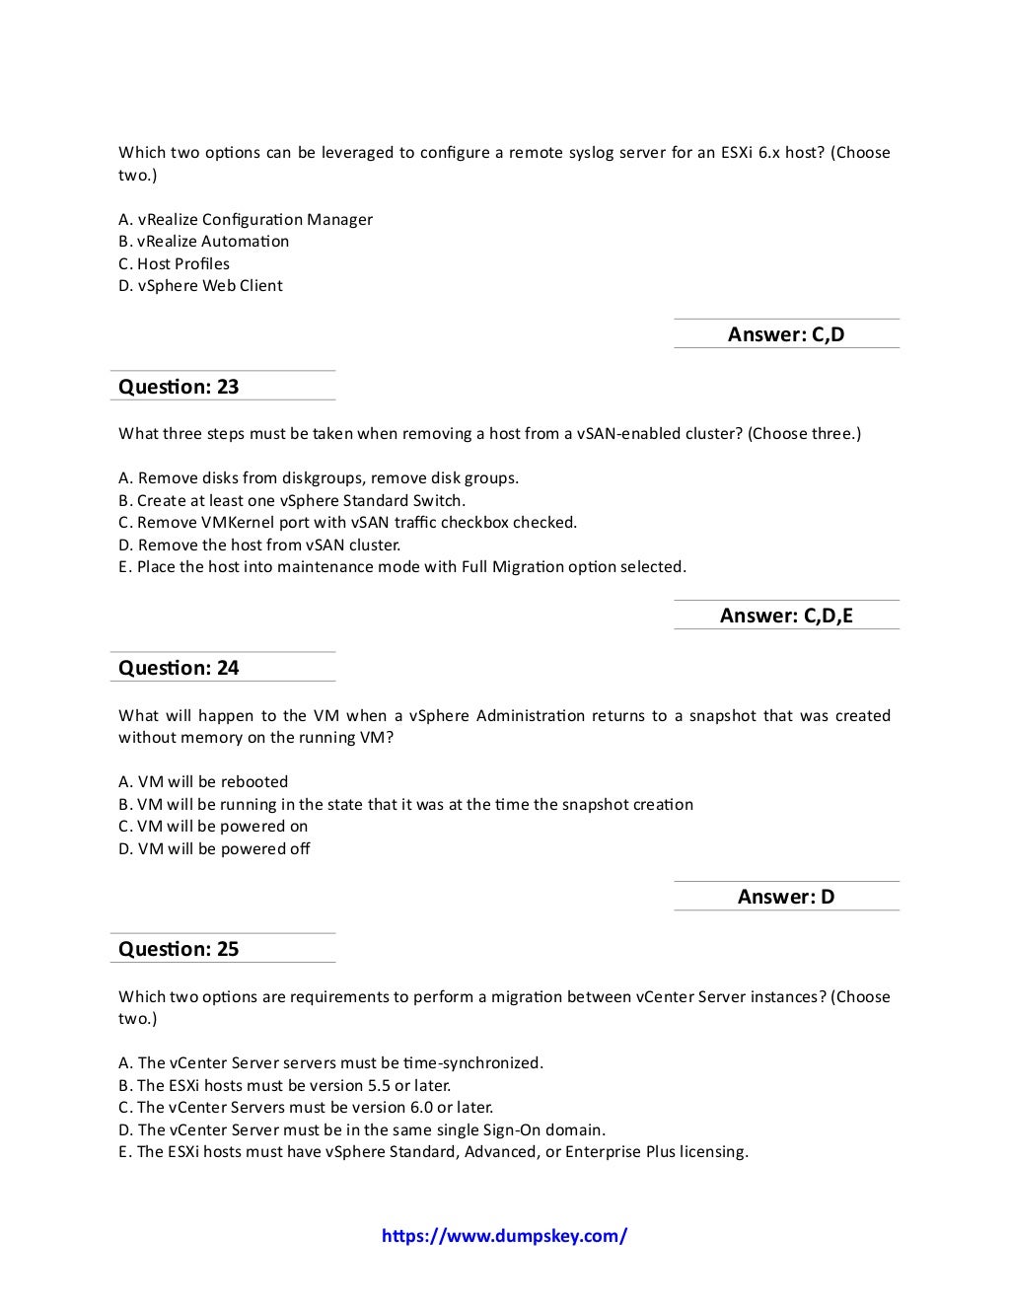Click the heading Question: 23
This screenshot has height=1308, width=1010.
point(179,387)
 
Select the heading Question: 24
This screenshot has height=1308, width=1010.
point(179,668)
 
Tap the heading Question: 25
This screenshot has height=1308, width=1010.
point(179,949)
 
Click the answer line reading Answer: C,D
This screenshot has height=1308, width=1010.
point(786,334)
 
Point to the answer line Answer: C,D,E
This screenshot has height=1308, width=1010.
point(786,616)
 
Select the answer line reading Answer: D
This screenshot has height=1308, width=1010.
point(786,897)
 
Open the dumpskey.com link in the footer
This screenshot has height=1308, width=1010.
point(504,1236)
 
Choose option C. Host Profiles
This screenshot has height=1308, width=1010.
point(175,263)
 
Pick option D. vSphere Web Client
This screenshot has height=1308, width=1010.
point(201,286)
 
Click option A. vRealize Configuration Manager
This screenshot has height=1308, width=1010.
point(246,219)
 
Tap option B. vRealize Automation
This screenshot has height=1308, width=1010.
point(204,242)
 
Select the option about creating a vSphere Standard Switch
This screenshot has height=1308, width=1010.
point(292,500)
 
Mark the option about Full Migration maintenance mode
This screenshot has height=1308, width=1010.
point(402,567)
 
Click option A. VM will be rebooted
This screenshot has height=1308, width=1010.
point(204,781)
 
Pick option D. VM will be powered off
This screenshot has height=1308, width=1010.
point(215,848)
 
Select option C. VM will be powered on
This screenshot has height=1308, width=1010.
point(214,827)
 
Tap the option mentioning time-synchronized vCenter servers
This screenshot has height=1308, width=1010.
point(331,1062)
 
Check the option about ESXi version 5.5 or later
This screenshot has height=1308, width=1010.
point(285,1085)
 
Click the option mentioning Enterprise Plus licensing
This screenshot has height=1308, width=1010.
point(434,1151)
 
